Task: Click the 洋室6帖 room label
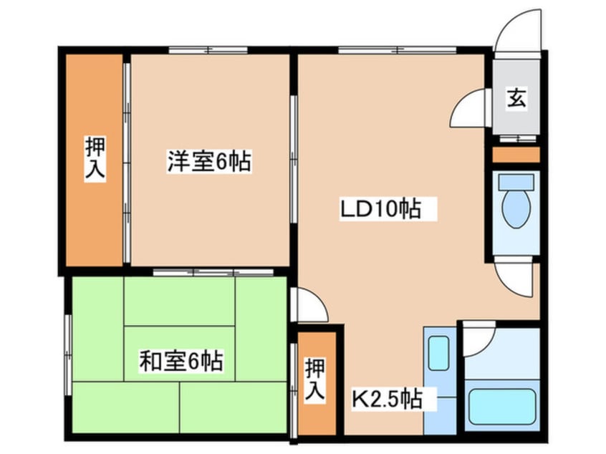click(208, 162)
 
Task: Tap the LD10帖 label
click(380, 209)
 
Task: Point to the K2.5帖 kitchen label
click(385, 398)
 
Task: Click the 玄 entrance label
click(516, 98)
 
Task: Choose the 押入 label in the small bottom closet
click(314, 379)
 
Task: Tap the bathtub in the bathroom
click(501, 407)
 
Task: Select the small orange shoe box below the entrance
click(516, 154)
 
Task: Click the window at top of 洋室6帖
click(208, 50)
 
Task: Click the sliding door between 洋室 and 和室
click(213, 272)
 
